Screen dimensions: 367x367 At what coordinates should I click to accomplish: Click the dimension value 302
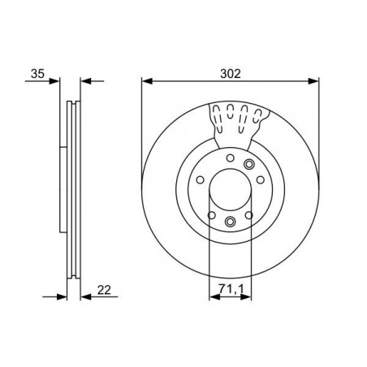coord(231,74)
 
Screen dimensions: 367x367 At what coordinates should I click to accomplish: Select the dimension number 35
coord(37,74)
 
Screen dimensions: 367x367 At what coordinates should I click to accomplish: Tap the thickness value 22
coord(104,290)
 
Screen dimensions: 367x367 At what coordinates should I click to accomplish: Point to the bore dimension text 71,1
coord(231,289)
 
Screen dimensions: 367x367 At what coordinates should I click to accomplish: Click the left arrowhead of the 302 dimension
coord(147,81)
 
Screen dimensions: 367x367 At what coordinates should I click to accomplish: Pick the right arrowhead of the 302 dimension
coord(313,81)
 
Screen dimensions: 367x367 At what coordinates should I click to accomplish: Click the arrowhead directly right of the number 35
coord(54,81)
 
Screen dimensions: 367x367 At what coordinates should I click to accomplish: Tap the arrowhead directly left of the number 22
coord(86,297)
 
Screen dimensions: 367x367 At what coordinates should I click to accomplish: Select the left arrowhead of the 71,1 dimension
coord(214,297)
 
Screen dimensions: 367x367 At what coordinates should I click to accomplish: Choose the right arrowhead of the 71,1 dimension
coord(246,297)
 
